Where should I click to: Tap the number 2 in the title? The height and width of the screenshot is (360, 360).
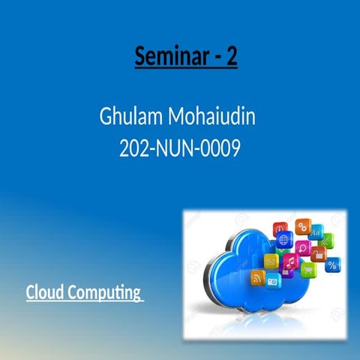pyautogui.click(x=231, y=56)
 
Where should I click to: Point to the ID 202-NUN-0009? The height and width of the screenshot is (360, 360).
pyautogui.click(x=180, y=148)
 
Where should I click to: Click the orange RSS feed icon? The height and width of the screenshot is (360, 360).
pyautogui.click(x=256, y=278)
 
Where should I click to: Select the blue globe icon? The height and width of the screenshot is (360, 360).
pyautogui.click(x=283, y=240)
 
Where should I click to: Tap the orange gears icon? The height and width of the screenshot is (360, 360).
pyautogui.click(x=302, y=226)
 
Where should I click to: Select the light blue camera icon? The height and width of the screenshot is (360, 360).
pyautogui.click(x=273, y=281)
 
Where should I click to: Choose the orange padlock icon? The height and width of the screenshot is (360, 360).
pyautogui.click(x=318, y=255)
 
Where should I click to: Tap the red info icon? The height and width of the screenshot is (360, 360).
pyautogui.click(x=280, y=227)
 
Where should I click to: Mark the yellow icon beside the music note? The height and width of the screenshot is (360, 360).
pyautogui.click(x=271, y=260)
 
